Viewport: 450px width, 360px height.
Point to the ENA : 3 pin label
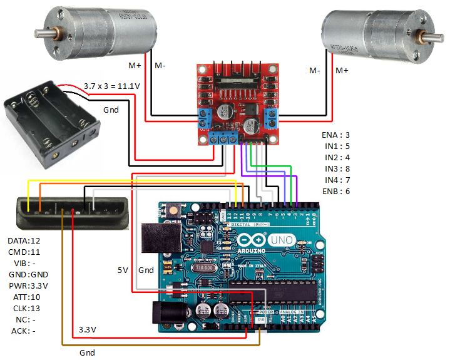pos(335,135)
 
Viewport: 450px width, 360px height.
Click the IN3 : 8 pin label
pos(335,168)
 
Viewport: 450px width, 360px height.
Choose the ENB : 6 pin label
pos(335,191)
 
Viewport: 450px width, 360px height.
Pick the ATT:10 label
pos(26,297)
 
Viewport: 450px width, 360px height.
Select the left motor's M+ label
pos(135,65)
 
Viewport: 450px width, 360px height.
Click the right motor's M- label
pos(314,70)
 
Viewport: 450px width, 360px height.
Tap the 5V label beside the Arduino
pos(123,270)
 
